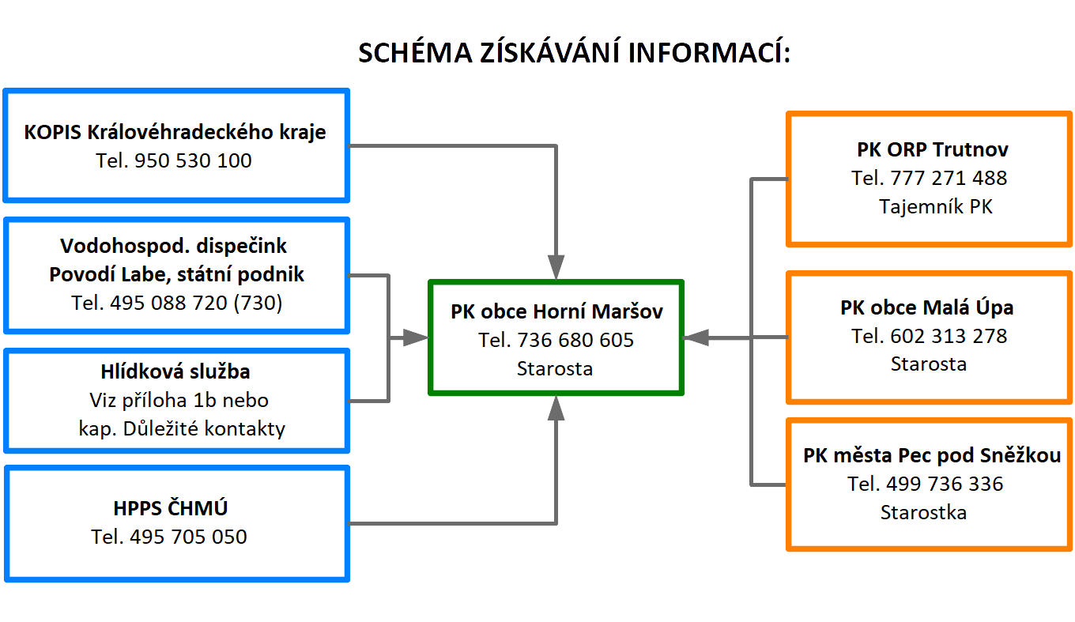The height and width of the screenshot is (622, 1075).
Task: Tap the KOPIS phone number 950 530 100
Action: (192, 160)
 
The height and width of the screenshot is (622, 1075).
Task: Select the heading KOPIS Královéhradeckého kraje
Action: (175, 132)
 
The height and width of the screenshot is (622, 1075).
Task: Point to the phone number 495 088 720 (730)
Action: (196, 303)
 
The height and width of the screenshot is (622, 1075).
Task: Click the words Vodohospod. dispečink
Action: (173, 247)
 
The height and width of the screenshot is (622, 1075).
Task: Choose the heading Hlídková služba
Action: (175, 371)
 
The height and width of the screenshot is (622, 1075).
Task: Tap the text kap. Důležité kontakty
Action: (182, 428)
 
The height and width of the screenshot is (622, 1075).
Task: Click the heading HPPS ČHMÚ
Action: (171, 507)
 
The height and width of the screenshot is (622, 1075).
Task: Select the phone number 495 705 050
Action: (188, 537)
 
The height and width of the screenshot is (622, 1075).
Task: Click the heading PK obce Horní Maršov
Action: (556, 311)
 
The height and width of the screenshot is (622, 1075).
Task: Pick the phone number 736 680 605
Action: (575, 340)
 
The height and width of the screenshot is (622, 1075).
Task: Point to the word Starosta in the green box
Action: (555, 368)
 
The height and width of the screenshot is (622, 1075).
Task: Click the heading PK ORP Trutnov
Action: (933, 149)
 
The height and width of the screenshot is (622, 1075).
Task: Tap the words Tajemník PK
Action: (935, 207)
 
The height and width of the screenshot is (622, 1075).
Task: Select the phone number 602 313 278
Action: (949, 336)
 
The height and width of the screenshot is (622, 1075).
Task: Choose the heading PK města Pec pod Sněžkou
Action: (932, 455)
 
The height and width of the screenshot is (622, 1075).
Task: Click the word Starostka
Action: (923, 513)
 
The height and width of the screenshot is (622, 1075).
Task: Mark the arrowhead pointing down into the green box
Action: (556, 267)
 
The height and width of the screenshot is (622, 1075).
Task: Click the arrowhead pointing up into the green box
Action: (556, 408)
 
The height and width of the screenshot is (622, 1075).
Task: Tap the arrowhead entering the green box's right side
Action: (696, 337)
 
